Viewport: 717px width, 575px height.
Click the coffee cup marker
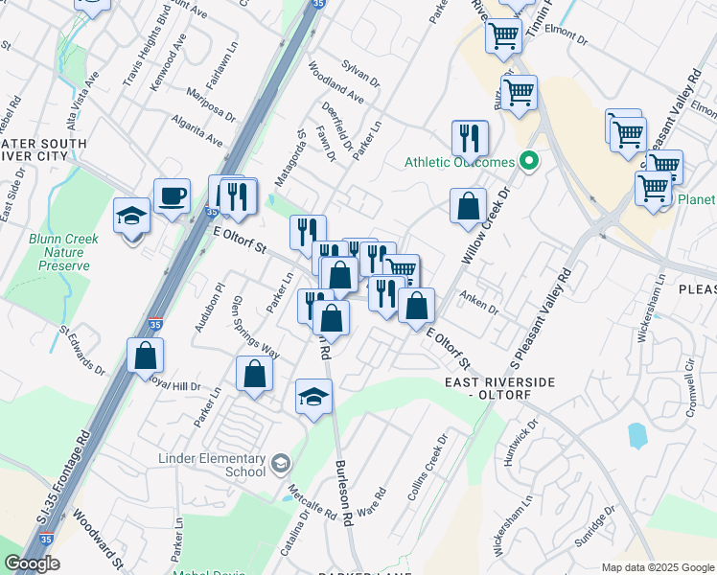click(x=172, y=197)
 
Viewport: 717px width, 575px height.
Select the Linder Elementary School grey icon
click(x=281, y=464)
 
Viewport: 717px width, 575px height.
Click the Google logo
click(x=33, y=563)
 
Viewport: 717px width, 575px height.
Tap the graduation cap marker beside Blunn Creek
click(x=131, y=216)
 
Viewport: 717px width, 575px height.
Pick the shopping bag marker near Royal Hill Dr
click(x=146, y=356)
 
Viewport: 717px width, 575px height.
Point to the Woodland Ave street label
click(x=335, y=84)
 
